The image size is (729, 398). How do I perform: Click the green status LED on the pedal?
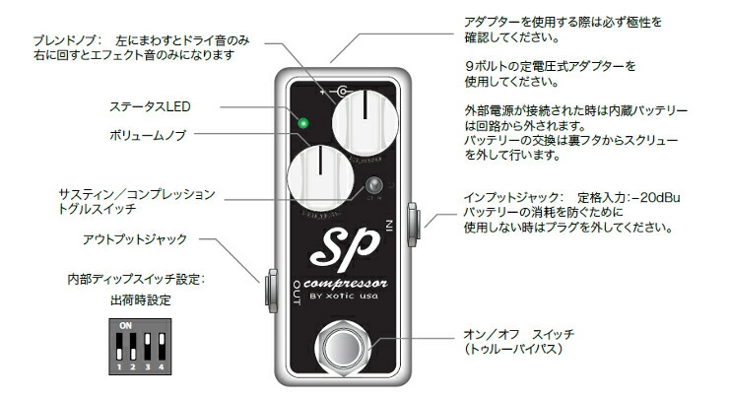(304, 124)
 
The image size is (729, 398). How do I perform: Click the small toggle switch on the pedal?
(373, 187)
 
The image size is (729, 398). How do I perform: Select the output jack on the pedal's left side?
(269, 289)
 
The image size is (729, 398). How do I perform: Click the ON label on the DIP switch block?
(125, 324)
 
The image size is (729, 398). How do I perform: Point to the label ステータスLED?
(147, 104)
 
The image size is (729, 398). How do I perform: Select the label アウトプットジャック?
(135, 238)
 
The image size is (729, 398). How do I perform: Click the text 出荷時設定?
(139, 299)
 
